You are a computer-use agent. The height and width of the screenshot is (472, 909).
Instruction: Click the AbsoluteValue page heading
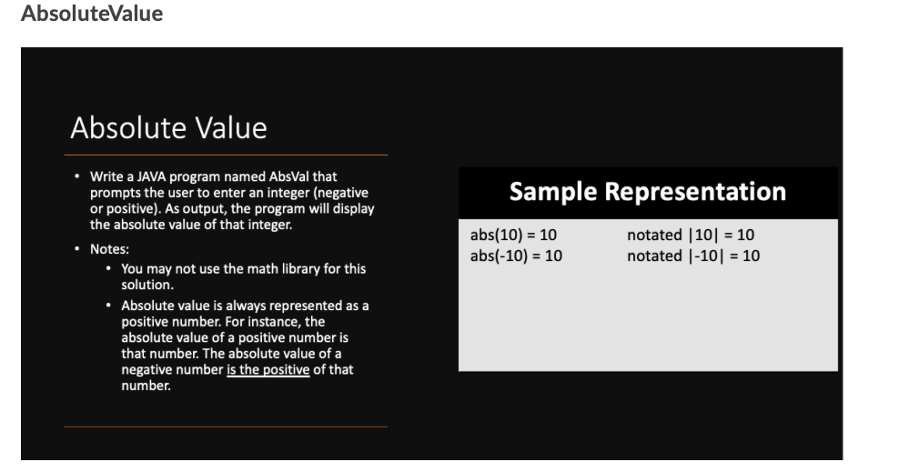point(91,15)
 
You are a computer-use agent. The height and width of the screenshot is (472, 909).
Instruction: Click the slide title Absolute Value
point(168,127)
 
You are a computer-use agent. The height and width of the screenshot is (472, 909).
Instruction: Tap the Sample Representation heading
point(647,192)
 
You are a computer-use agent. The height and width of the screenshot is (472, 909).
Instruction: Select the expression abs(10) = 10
point(513,236)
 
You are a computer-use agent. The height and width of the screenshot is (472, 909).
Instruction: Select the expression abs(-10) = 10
point(516,256)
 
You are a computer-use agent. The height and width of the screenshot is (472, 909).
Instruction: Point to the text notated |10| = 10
point(691,236)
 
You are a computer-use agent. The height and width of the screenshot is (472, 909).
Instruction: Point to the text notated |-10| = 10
point(693,256)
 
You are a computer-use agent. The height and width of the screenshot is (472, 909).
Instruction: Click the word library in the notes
point(295,269)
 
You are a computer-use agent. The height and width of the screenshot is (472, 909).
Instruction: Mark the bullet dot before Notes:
point(77,248)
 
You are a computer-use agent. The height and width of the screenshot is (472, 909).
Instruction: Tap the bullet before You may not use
point(109,269)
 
